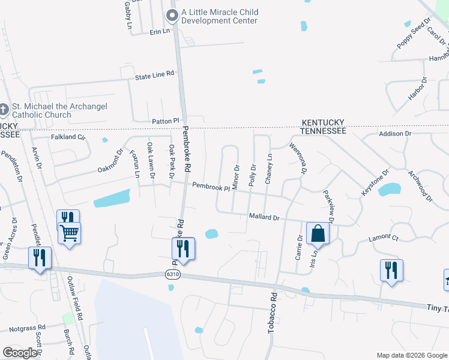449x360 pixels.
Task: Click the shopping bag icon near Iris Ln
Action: [x=318, y=233]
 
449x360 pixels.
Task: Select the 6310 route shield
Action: [x=173, y=274]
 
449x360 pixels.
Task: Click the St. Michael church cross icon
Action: [x=5, y=110]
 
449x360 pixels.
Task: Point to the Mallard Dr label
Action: [x=264, y=217]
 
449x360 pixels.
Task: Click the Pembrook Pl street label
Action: [x=211, y=187]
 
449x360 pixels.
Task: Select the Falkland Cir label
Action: [x=68, y=137]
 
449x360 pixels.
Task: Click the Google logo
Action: [x=20, y=353]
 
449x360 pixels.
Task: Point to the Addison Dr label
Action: [x=395, y=133]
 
